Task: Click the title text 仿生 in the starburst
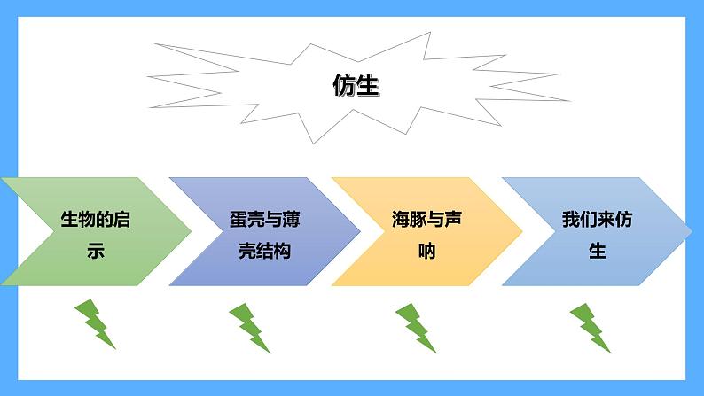tap(356, 86)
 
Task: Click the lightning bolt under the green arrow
tap(95, 323)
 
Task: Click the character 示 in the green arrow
tap(95, 251)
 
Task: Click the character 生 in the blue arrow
tap(597, 251)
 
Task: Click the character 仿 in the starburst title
tap(344, 86)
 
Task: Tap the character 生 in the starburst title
tap(368, 86)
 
